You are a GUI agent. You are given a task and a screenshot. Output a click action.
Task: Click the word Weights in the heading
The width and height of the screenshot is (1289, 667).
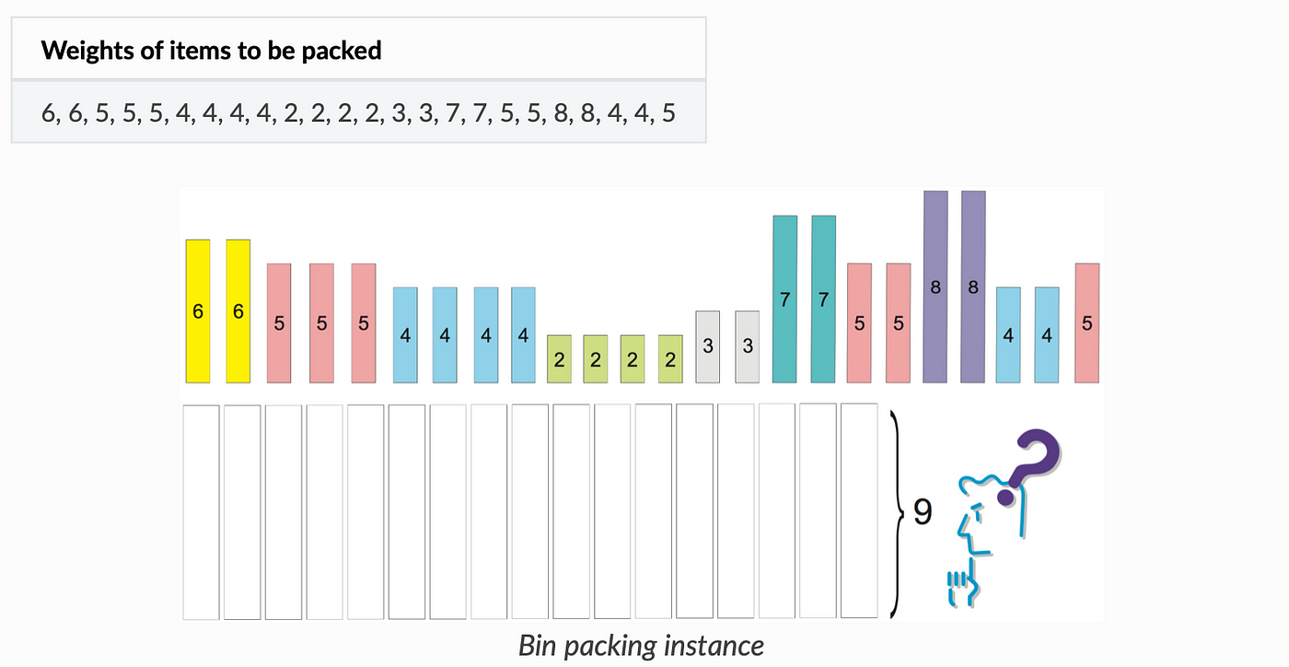88,51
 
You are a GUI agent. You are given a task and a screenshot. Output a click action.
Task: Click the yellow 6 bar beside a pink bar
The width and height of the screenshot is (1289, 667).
238,311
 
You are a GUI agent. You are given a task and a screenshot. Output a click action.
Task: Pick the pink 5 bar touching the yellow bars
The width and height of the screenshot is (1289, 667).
279,323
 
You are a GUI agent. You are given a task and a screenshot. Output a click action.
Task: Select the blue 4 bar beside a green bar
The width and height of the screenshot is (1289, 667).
523,335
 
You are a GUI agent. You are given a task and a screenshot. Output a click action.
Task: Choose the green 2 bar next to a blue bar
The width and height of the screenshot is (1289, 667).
560,359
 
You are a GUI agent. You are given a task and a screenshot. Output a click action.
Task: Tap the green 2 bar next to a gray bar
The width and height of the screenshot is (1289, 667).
670,359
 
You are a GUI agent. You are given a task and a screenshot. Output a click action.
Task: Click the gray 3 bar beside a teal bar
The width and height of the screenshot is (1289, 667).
748,346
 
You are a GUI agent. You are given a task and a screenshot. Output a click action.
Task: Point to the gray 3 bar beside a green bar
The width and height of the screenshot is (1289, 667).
708,346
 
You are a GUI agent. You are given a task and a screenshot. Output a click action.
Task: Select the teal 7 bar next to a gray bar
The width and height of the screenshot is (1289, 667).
784,298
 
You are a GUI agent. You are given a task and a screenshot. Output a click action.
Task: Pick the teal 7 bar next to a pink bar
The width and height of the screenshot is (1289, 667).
823,298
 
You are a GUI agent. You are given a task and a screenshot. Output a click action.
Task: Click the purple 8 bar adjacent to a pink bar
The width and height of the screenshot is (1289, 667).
935,287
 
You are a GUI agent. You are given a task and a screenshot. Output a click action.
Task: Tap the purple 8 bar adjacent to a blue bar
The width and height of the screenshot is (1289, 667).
973,287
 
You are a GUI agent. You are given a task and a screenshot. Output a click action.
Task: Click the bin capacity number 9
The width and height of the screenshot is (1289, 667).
923,511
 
